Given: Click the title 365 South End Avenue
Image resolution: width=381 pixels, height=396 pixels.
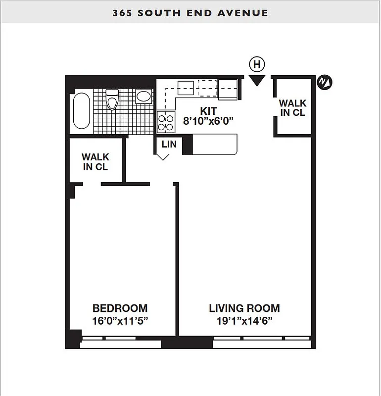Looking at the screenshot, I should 190,13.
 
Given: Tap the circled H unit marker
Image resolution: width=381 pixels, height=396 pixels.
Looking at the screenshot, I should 257,64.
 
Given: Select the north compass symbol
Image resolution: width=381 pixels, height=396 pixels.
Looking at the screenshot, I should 325,82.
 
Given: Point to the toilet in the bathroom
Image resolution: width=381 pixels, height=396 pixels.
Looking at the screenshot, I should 112,100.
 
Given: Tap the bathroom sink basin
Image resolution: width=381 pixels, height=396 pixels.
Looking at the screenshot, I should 144,96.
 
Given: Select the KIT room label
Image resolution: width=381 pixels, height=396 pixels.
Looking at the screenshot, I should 208,110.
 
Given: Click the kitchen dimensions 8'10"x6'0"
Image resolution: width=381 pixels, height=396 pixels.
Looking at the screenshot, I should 208,120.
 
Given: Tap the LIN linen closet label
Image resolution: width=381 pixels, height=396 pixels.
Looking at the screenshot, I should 169,145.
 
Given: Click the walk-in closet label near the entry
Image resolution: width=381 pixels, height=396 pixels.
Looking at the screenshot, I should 292,108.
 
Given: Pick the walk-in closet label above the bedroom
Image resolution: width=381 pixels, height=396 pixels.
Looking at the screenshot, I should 95,162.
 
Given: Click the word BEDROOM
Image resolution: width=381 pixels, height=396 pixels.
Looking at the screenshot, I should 120,308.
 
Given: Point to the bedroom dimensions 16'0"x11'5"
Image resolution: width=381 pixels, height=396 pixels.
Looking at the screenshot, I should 120,320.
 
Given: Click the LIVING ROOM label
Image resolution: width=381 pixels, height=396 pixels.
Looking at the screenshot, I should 244,308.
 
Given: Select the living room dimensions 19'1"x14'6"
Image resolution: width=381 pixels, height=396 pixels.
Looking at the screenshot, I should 244,320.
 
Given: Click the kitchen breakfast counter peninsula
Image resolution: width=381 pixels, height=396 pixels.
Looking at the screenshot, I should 214,146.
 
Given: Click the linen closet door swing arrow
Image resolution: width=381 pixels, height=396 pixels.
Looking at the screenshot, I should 163,157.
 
